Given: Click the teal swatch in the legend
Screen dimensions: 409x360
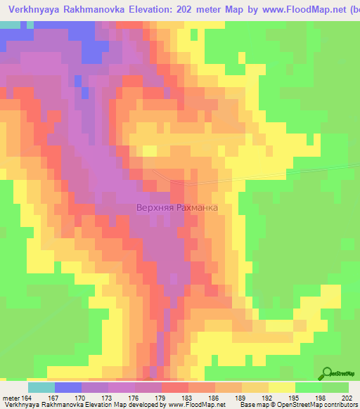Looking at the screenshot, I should tap(41, 387).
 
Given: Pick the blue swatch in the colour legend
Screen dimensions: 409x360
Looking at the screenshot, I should tap(67, 387).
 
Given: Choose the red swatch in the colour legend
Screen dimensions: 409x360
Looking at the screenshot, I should tap(174, 387).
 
